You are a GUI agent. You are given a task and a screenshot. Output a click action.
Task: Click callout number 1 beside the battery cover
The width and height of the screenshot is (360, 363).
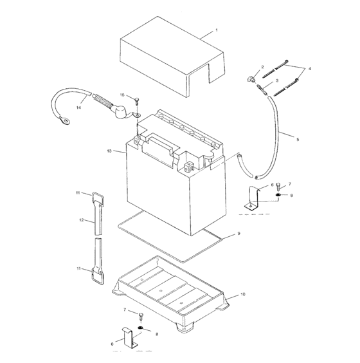click(217, 30)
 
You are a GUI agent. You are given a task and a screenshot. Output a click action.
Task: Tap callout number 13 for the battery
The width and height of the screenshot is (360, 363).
click(109, 151)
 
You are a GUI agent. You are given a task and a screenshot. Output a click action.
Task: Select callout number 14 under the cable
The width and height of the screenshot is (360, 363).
click(78, 107)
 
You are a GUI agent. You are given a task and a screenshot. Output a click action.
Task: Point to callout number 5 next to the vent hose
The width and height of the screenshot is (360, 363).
click(298, 140)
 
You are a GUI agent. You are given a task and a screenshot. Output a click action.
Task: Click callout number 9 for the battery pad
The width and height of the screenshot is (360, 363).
click(239, 234)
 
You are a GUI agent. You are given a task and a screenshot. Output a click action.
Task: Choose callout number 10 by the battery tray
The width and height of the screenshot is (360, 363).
click(242, 294)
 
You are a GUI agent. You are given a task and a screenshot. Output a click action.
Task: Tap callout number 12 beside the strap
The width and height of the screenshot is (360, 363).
click(81, 220)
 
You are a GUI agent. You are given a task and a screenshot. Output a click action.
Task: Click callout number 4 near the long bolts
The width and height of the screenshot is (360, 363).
click(310, 69)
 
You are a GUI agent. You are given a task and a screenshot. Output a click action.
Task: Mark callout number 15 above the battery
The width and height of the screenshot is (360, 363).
click(122, 95)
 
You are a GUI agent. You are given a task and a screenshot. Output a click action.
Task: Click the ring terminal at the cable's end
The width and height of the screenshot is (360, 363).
click(65, 120)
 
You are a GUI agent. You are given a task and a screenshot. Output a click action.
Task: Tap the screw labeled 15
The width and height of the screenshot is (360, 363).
click(137, 101)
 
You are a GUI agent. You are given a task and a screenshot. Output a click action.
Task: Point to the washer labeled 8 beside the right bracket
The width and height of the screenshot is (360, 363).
click(278, 195)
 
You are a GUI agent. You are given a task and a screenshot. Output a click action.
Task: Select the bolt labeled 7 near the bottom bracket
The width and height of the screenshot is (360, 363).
click(141, 316)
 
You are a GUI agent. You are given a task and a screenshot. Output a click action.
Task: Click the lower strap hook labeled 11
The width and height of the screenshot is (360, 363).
click(98, 276)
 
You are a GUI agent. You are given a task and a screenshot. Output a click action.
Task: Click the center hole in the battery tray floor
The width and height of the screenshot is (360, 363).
click(161, 290)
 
